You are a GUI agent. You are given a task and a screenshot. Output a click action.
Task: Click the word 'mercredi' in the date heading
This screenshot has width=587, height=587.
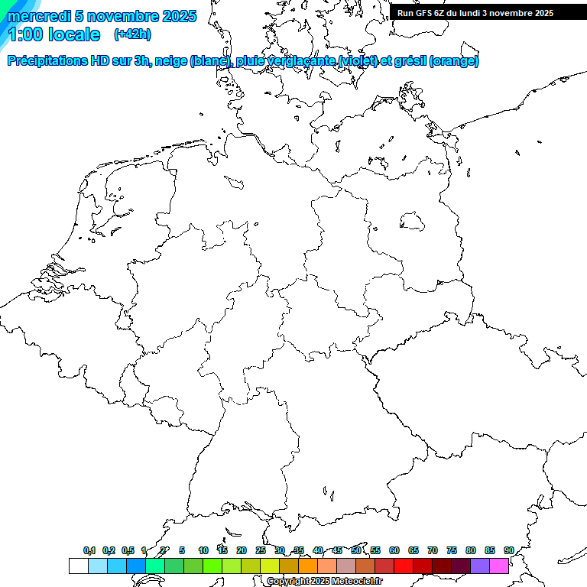37,16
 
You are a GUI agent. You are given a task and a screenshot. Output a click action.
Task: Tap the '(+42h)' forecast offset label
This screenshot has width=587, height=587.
132,34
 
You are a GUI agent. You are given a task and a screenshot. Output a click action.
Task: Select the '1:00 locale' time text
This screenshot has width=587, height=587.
54,34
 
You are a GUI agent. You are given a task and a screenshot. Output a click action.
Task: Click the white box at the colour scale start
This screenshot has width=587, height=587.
78,566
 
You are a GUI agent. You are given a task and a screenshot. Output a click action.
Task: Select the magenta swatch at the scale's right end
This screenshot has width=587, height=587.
499,566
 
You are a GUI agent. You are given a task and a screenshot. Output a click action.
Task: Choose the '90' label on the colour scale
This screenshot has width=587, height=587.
508,550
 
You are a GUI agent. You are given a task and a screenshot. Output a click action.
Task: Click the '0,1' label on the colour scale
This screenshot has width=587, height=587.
89,550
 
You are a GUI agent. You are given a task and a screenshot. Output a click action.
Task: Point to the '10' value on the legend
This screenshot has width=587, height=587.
203,550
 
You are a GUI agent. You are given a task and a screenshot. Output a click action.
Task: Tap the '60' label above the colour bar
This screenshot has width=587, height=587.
394,550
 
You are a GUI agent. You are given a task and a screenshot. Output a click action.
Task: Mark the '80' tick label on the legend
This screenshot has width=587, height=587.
470,550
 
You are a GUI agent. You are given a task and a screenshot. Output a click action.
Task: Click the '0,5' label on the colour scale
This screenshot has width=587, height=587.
128,550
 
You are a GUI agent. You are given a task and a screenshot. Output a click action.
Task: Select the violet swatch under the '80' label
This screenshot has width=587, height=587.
480,566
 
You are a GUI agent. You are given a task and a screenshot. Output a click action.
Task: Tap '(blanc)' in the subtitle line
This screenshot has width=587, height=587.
206,61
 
